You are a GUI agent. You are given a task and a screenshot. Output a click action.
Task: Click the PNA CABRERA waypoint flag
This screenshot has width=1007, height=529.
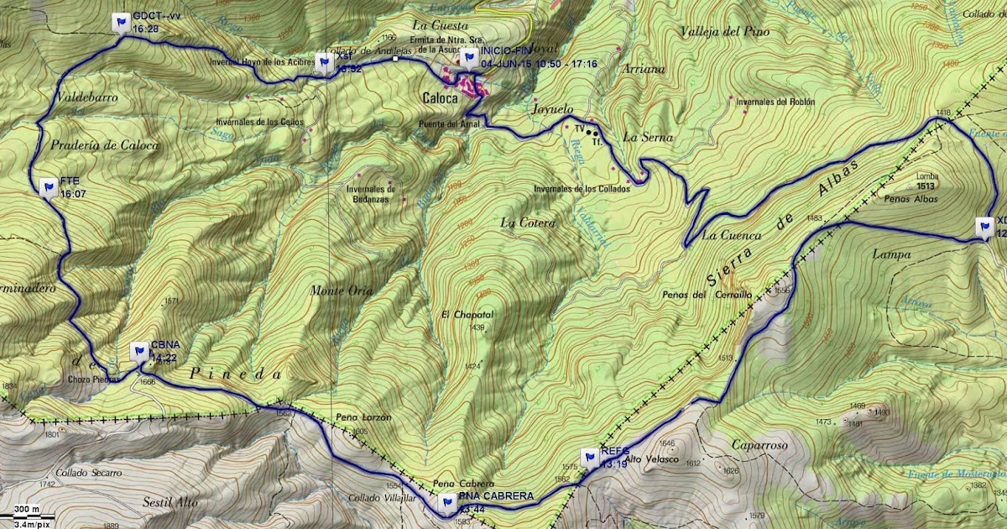point(447,502)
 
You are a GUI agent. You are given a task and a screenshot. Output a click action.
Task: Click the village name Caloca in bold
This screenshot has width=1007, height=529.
point(441,98)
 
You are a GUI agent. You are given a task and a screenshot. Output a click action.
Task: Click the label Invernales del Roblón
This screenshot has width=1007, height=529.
point(775,102)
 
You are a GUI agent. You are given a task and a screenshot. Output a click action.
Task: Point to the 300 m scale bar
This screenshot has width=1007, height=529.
point(26,510)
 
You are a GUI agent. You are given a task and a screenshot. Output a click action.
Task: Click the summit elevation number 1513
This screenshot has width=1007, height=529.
point(926,186)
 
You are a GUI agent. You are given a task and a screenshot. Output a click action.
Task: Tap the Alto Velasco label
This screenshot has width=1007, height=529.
point(645,459)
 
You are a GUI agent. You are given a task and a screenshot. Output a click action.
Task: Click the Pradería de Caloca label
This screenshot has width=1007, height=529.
point(92,144)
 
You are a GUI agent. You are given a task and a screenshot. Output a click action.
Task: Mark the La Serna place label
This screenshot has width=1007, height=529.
point(644,137)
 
